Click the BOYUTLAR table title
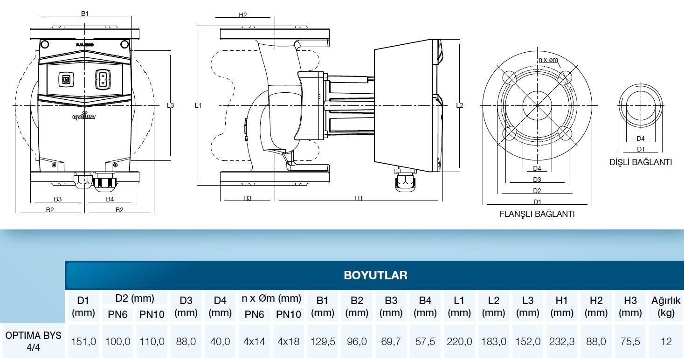point(375,275)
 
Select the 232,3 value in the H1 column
point(562,342)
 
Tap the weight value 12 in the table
point(666,342)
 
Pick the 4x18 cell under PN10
point(289,342)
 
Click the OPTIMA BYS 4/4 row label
point(33,341)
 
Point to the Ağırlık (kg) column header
point(666,306)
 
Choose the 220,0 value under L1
point(459,342)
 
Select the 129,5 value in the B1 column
point(323,342)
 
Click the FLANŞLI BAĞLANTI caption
point(537,214)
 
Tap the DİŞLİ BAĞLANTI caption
point(641,162)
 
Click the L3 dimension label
point(171,106)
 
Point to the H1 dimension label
point(359,198)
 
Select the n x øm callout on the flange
point(548,60)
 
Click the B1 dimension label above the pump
point(84,14)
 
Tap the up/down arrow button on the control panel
point(103,79)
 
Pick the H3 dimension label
point(247,198)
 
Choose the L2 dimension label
point(459,106)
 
